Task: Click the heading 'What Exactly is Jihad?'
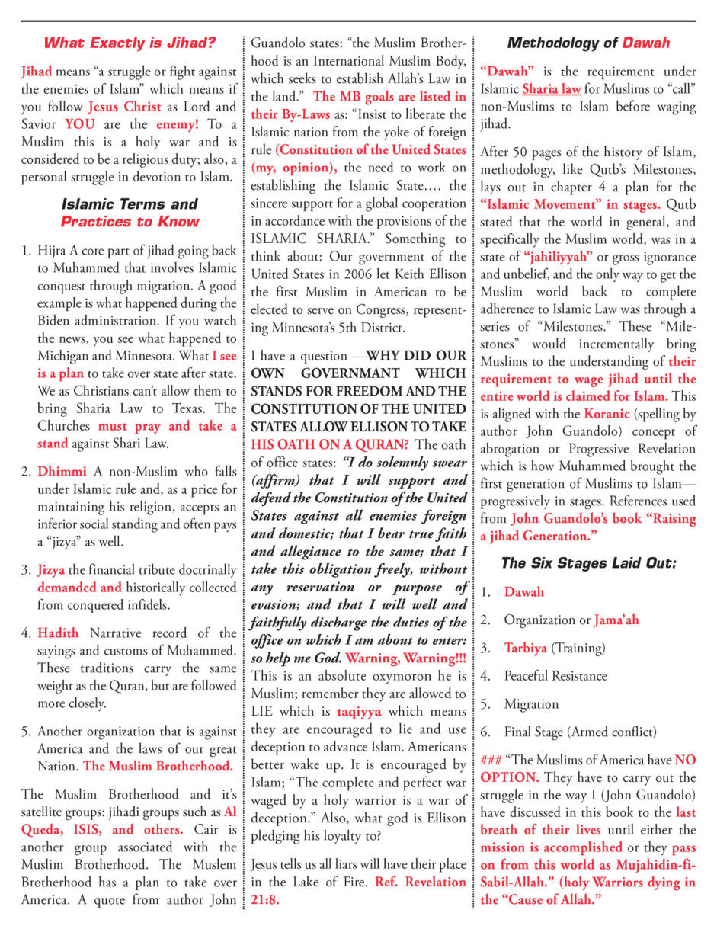129,43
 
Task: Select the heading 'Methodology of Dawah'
588,43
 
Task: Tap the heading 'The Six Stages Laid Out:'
588,563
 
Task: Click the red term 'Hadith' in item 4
58,633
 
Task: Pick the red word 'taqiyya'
359,713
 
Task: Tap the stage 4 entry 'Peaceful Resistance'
555,676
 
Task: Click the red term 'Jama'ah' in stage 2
616,620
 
